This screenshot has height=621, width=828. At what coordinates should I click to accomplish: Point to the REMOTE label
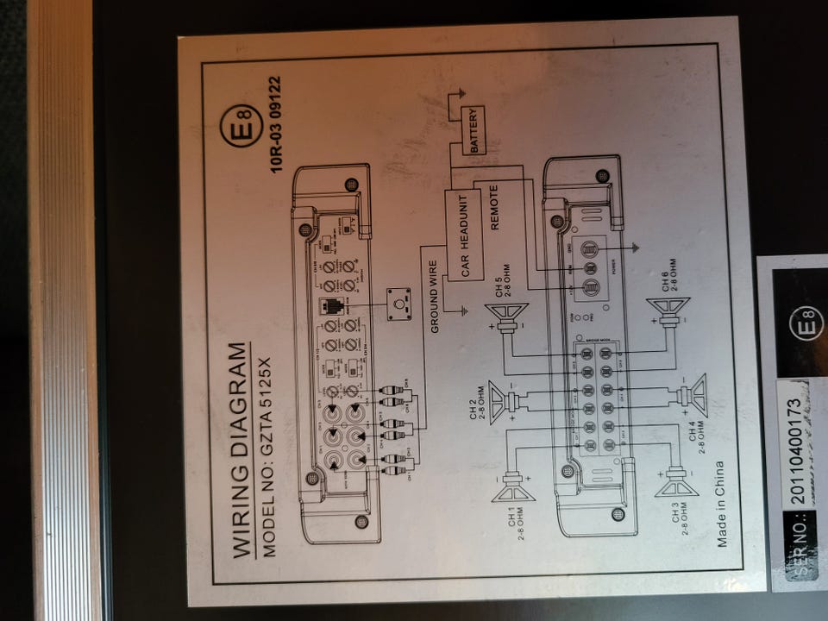tap(495, 207)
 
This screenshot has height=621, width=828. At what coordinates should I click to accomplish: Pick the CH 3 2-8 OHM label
tap(682, 516)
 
